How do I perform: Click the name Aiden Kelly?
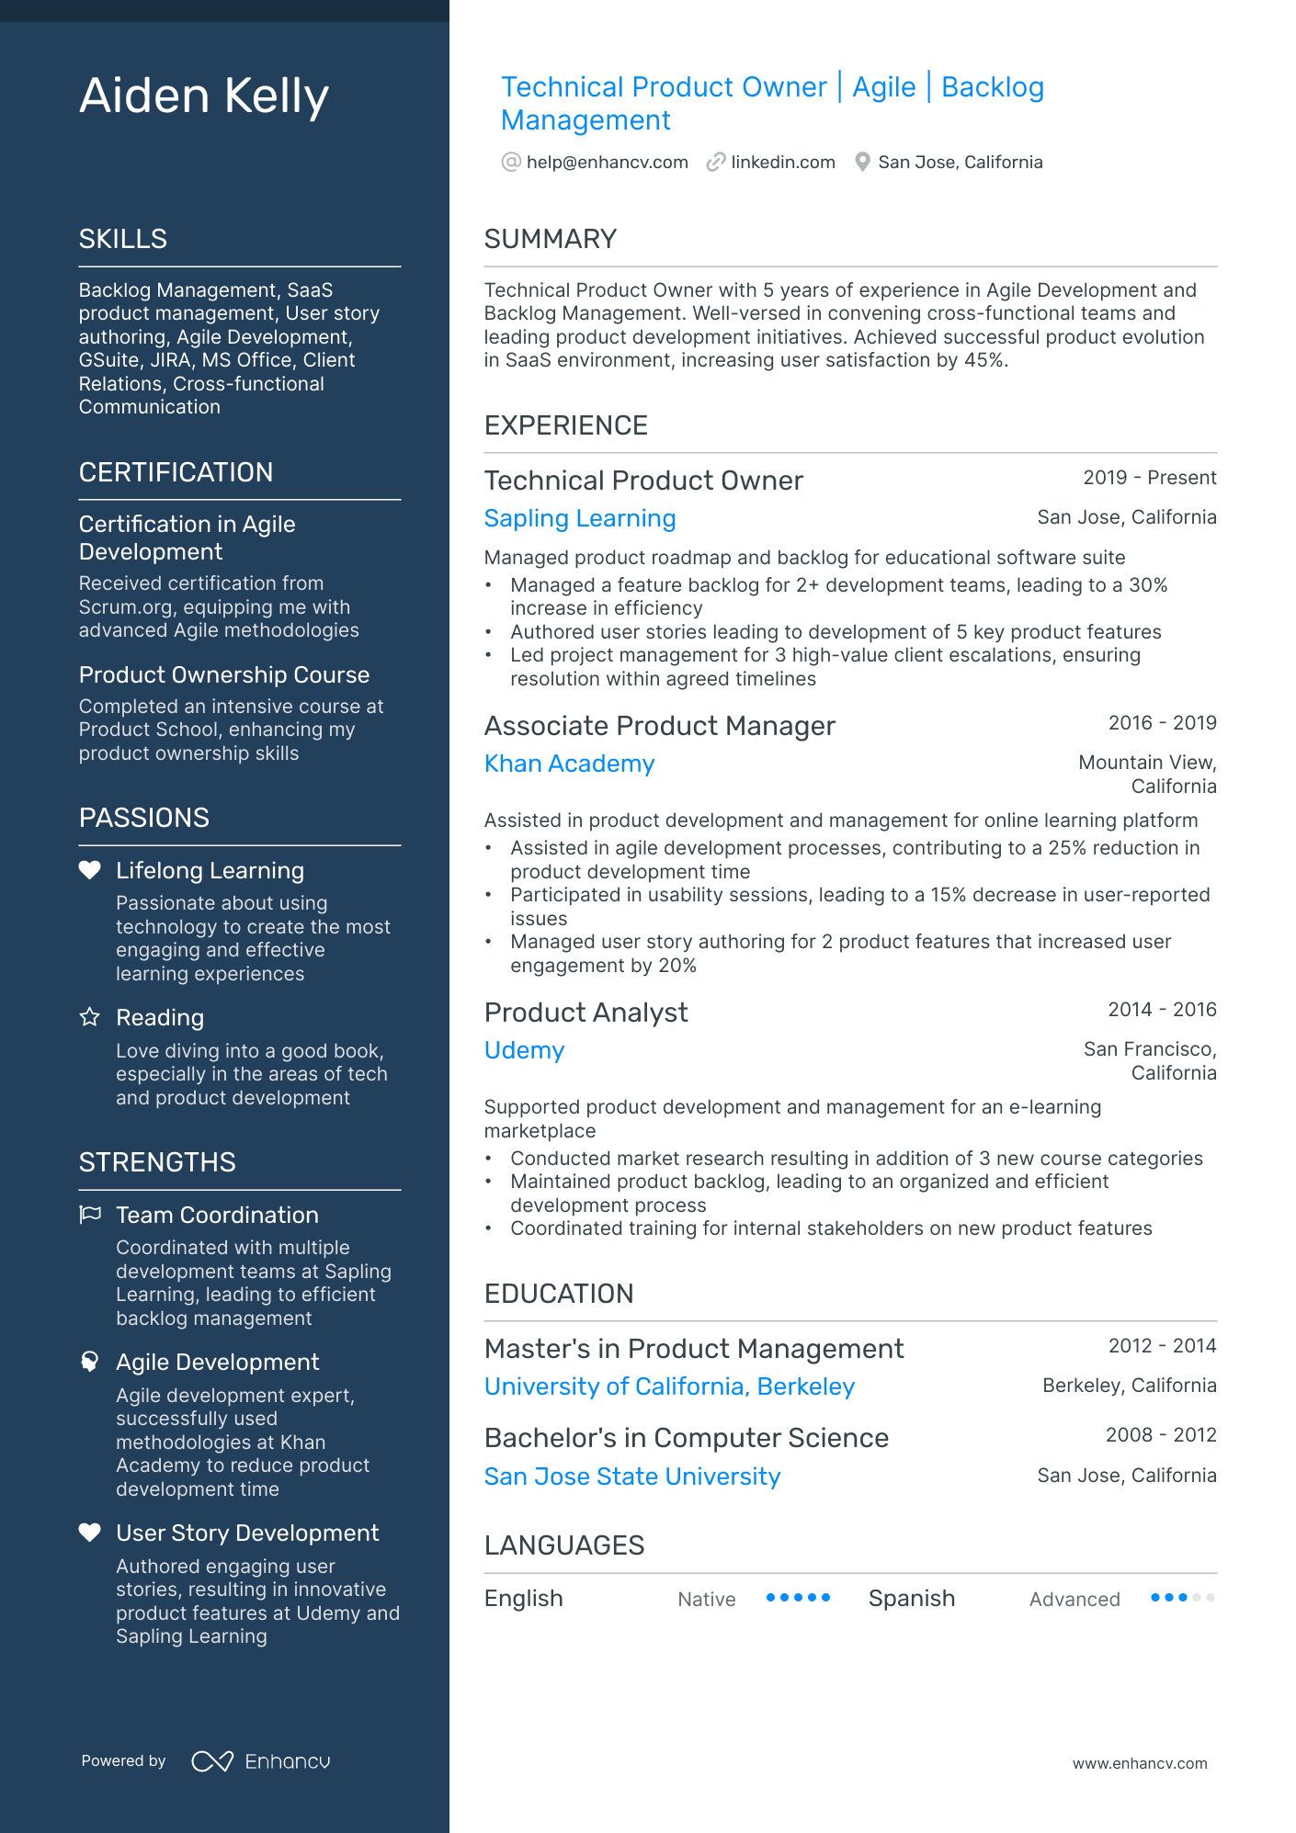click(x=203, y=96)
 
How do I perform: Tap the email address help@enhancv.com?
click(x=607, y=163)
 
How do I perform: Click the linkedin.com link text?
click(x=782, y=163)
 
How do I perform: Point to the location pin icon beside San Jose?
click(x=862, y=163)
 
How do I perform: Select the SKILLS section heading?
click(x=123, y=239)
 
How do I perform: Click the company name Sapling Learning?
click(x=579, y=519)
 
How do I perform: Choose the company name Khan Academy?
click(x=569, y=764)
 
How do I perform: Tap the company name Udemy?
click(x=524, y=1051)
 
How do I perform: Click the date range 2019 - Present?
click(x=1149, y=478)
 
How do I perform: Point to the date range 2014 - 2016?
click(x=1162, y=1010)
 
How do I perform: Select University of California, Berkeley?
click(x=669, y=1387)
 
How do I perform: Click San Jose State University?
click(x=631, y=1477)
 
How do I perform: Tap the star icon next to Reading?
click(x=89, y=1017)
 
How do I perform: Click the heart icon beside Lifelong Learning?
click(x=89, y=870)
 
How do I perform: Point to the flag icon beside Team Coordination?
click(x=90, y=1215)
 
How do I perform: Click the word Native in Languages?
click(x=706, y=1600)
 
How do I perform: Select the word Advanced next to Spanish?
click(x=1074, y=1600)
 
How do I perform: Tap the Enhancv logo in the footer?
click(x=260, y=1761)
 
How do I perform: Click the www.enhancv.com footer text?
click(x=1139, y=1764)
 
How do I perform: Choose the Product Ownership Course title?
click(x=224, y=675)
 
